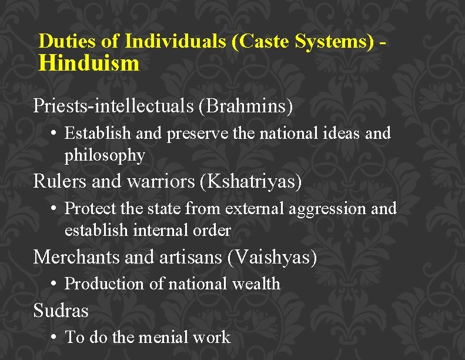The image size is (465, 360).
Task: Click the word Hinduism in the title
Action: (x=89, y=63)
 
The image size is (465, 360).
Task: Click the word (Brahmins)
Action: (x=246, y=106)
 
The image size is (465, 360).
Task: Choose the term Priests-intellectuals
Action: (x=113, y=106)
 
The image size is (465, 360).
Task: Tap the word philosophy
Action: (x=105, y=155)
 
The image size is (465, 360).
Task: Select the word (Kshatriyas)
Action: (x=250, y=182)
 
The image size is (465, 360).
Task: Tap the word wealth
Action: (x=256, y=284)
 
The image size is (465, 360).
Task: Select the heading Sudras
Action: (x=61, y=310)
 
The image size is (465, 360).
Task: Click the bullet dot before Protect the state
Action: (x=53, y=208)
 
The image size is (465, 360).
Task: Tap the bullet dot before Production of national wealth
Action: (x=53, y=284)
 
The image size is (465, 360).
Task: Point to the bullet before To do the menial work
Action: (x=53, y=337)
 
